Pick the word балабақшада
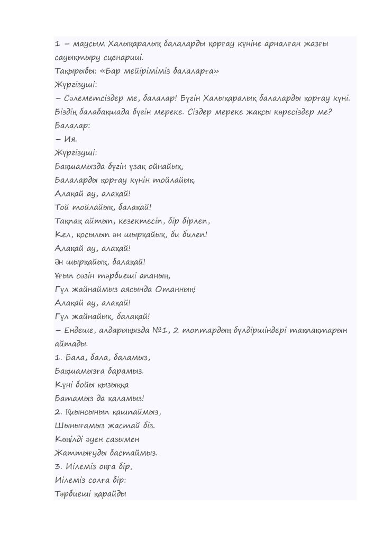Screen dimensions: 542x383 point(103,113)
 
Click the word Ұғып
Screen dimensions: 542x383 point(65,275)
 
